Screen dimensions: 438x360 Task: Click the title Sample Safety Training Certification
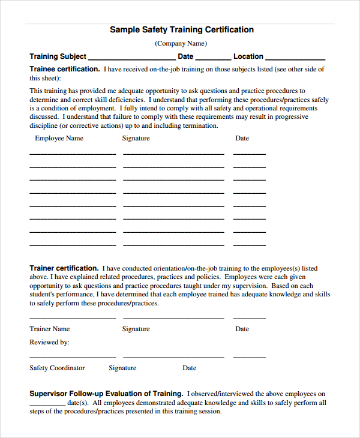(182, 29)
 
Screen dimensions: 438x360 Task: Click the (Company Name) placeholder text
(181, 43)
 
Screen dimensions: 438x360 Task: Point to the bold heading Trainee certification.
(65, 69)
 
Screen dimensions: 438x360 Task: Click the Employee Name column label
(59, 138)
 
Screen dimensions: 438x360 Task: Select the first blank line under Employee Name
(73, 154)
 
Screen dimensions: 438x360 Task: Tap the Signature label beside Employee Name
(136, 138)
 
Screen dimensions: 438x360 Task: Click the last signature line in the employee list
(173, 245)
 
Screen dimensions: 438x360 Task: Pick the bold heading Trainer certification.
(64, 268)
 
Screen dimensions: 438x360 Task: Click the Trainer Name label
(50, 329)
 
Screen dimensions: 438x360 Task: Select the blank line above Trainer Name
(73, 318)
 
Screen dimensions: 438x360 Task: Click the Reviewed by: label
(49, 342)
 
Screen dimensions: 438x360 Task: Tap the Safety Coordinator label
(57, 368)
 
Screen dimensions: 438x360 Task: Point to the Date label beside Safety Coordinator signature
(189, 368)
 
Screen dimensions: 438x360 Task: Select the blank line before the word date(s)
(47, 405)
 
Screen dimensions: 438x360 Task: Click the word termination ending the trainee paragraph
(197, 126)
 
